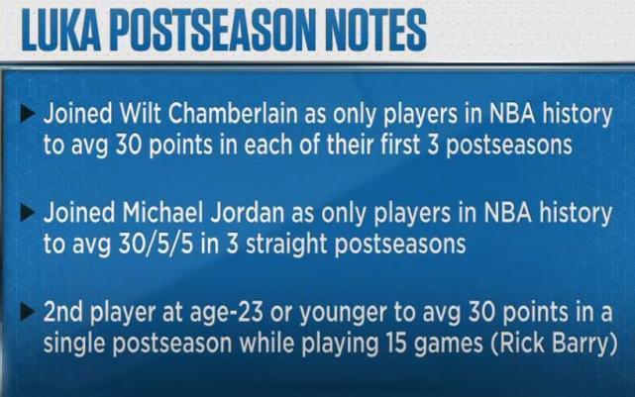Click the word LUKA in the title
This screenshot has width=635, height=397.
coord(60,31)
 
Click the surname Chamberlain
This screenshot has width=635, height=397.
coord(233,113)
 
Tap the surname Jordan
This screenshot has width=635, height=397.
coord(248,214)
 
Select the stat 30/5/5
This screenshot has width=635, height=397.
coord(156,245)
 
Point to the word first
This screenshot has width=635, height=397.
coord(400,145)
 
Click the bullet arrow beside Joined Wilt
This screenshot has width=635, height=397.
coord(27,114)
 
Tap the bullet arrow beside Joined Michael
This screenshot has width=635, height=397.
coord(27,213)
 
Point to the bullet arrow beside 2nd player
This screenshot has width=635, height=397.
coord(27,313)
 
